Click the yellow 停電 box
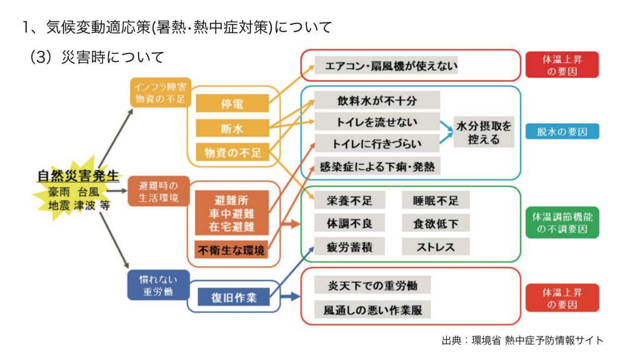232,104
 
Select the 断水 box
232,128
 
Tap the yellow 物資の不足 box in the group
232,152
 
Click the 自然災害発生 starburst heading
77,176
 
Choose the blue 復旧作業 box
232,297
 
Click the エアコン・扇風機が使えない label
387,65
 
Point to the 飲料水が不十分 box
377,100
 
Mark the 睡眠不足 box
436,200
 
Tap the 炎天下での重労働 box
372,286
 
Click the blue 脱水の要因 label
562,131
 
